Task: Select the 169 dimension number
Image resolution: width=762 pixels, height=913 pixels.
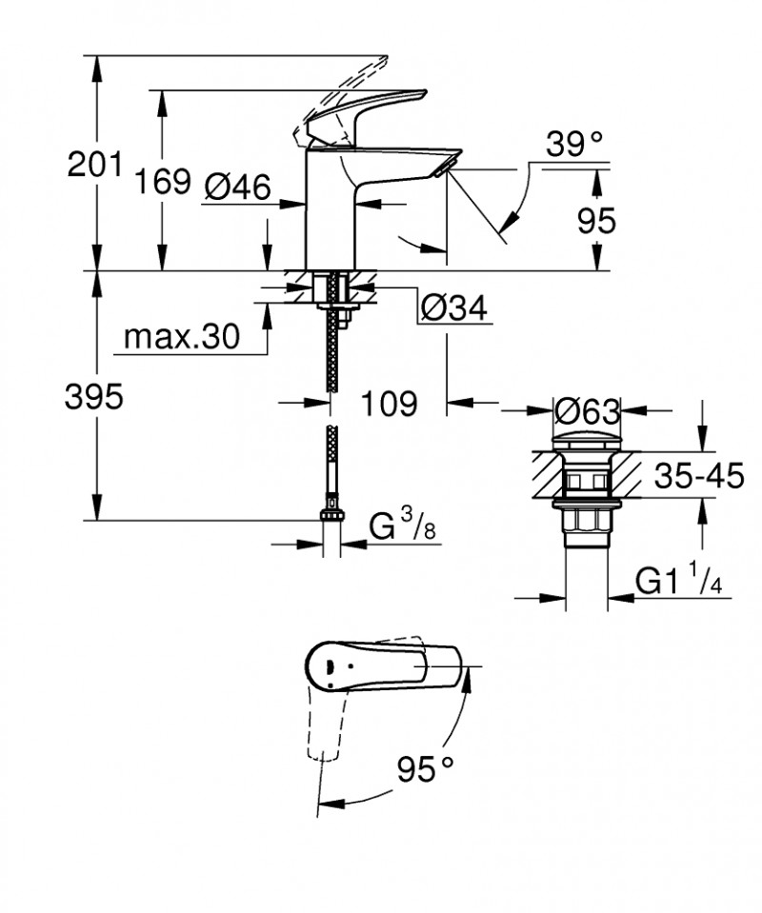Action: (x=161, y=180)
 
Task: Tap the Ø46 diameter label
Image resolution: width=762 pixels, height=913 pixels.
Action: (x=237, y=187)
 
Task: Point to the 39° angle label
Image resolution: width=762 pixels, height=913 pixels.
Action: (x=574, y=145)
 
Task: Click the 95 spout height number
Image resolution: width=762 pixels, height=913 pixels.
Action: (x=597, y=220)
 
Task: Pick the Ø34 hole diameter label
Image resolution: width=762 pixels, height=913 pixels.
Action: (x=453, y=308)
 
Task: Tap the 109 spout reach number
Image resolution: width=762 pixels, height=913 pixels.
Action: (x=390, y=403)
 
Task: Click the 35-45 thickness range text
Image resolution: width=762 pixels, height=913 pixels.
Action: (x=698, y=476)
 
